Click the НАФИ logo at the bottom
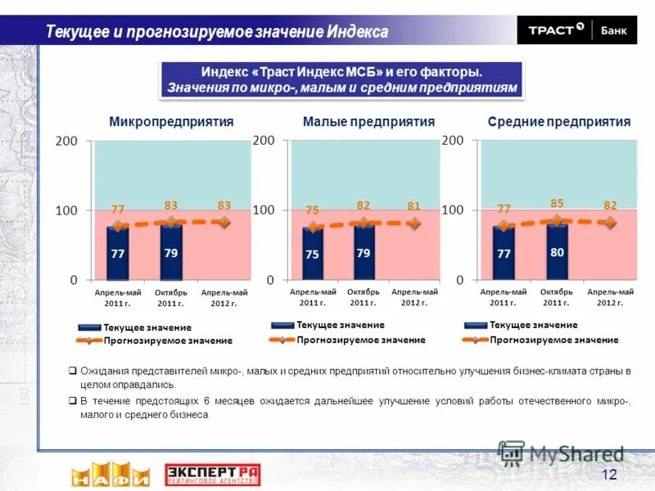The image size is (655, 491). (x=110, y=475)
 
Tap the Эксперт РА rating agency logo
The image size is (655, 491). (x=212, y=475)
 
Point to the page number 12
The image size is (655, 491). (x=609, y=475)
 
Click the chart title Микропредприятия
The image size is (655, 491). (x=171, y=122)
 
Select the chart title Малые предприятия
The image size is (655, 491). (x=368, y=122)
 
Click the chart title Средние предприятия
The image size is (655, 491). (x=559, y=122)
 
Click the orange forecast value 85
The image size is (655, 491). (x=557, y=202)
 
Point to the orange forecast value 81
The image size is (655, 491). (x=414, y=206)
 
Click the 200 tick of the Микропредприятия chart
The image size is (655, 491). (x=66, y=141)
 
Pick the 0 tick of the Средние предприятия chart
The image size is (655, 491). (x=459, y=279)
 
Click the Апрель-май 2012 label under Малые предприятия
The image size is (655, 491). (x=414, y=297)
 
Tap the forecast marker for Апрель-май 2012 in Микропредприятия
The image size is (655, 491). (x=224, y=221)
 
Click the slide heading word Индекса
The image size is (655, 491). (x=358, y=32)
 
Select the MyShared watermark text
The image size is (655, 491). (x=576, y=454)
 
